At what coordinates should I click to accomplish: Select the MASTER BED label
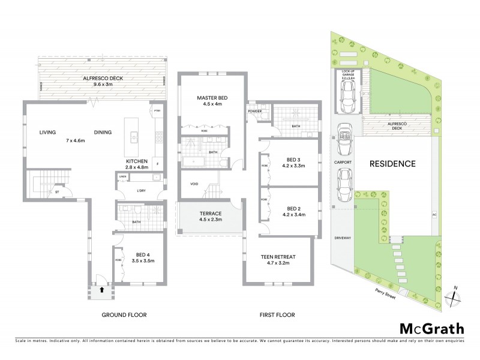(x=212, y=98)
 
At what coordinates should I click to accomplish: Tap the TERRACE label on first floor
(x=210, y=214)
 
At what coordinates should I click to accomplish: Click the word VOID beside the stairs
(x=194, y=184)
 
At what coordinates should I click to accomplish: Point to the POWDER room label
(x=253, y=112)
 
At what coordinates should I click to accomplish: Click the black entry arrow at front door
(x=101, y=289)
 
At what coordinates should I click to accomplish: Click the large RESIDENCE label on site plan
(x=392, y=163)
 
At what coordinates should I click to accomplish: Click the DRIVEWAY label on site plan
(x=343, y=238)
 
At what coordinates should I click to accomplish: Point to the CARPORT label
(x=344, y=163)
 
